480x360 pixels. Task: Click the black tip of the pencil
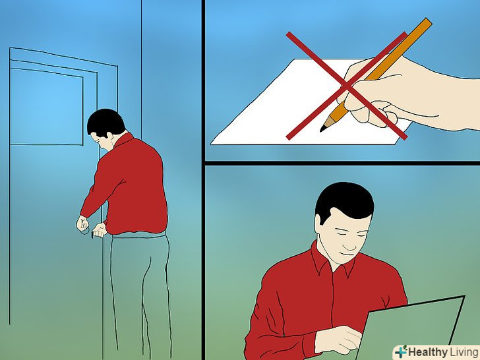tap(322, 129)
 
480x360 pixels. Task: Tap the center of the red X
tap(347, 86)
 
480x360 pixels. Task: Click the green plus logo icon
tap(401, 351)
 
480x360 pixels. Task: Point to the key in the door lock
tap(92, 235)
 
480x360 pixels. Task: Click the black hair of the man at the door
tap(105, 121)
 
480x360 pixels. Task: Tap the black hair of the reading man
tap(344, 200)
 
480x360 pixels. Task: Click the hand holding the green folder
tap(338, 339)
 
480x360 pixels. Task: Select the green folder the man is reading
tap(410, 328)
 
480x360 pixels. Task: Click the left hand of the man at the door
tap(82, 224)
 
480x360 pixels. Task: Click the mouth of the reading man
tap(347, 254)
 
